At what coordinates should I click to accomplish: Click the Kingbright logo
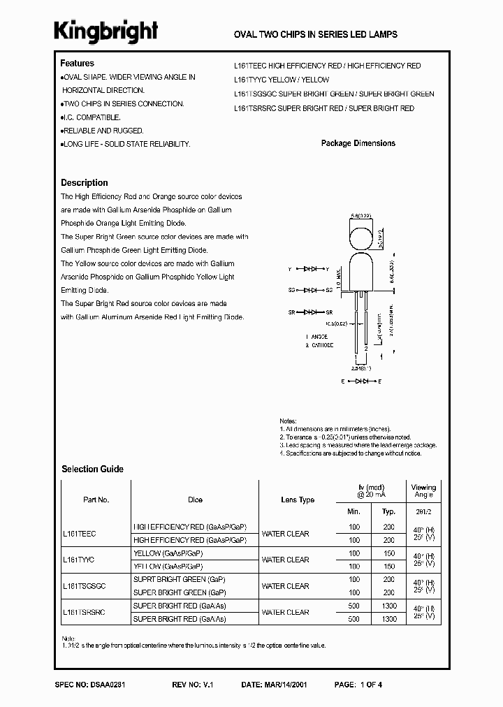click(x=106, y=31)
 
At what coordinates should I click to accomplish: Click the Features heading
click(x=77, y=64)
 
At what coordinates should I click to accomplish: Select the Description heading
click(x=84, y=182)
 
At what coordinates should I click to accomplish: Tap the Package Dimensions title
click(x=358, y=143)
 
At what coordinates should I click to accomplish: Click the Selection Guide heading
click(x=92, y=469)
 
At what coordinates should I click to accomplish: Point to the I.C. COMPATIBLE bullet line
click(x=91, y=117)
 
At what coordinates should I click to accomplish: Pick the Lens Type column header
click(x=297, y=500)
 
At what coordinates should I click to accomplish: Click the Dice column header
click(x=195, y=500)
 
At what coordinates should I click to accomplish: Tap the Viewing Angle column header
click(x=423, y=491)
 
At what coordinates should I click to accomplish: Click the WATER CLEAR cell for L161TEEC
click(x=285, y=534)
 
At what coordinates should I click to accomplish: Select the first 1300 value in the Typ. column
click(x=389, y=606)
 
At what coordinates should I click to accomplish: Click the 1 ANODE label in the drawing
click(x=317, y=337)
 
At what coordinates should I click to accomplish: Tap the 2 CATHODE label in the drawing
click(x=319, y=345)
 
